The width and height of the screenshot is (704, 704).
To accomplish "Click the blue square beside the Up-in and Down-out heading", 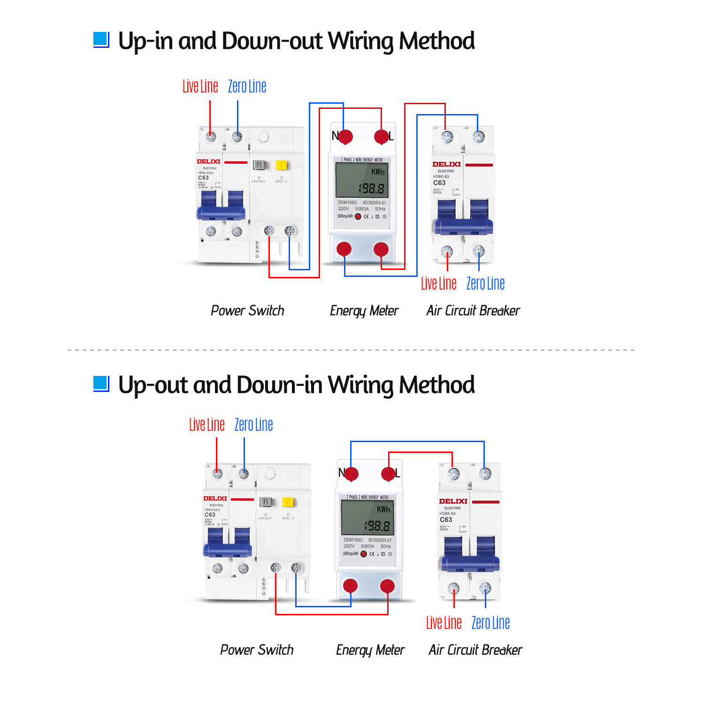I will (x=101, y=40).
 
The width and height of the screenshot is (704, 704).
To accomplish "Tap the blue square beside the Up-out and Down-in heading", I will (x=101, y=384).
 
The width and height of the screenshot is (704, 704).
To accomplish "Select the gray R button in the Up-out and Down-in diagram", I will (x=266, y=502).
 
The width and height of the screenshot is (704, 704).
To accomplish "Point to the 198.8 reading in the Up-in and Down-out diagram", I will (x=372, y=189).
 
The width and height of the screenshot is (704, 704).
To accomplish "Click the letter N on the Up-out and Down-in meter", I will (x=342, y=473).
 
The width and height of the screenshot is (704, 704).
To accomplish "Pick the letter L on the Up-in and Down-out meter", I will (x=391, y=137).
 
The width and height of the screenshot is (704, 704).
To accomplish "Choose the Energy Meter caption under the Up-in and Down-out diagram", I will (x=364, y=311).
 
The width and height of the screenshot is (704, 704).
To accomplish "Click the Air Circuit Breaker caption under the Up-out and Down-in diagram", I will (x=475, y=650).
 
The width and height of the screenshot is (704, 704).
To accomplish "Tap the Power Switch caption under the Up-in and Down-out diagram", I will (x=247, y=311).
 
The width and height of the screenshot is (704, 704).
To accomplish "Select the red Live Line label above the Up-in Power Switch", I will (x=200, y=87).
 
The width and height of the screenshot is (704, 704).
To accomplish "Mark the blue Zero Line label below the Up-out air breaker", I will (x=490, y=623).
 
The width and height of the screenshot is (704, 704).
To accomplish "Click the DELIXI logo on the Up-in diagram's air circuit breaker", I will (x=446, y=164).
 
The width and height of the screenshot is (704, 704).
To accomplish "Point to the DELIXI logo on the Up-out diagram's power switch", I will (x=215, y=498).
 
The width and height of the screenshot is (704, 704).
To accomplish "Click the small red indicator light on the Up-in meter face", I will (x=358, y=216).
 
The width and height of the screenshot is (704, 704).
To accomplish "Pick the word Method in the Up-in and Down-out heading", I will (x=436, y=41).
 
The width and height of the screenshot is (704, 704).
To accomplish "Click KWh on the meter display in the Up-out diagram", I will (x=383, y=509).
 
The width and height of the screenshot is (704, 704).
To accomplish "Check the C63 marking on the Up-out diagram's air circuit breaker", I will (x=446, y=520).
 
